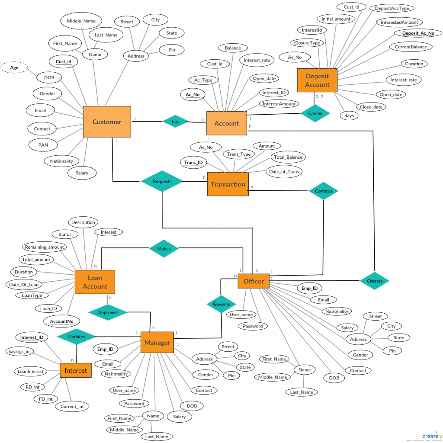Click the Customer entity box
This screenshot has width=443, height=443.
click(x=107, y=122)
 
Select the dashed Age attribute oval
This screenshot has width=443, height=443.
click(x=14, y=67)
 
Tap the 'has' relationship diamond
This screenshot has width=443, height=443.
click(x=175, y=122)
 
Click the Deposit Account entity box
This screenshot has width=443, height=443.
click(x=317, y=80)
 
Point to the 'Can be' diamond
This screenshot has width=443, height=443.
click(x=315, y=113)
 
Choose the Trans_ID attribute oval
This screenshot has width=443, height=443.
click(x=193, y=163)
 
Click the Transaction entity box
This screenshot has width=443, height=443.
click(x=228, y=184)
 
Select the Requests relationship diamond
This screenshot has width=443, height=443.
click(x=162, y=181)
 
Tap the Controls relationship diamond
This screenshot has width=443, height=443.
click(x=324, y=191)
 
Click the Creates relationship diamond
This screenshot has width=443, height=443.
click(x=374, y=281)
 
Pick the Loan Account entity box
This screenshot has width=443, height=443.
click(x=95, y=282)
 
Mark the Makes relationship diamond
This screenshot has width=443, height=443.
click(x=164, y=248)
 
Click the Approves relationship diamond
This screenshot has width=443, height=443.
click(x=108, y=312)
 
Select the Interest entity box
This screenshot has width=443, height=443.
click(x=76, y=370)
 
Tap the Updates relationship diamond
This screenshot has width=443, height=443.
click(x=77, y=336)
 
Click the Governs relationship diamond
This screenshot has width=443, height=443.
click(x=221, y=304)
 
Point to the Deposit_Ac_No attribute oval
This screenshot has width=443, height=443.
click(x=418, y=33)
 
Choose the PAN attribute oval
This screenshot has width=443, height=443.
click(x=43, y=145)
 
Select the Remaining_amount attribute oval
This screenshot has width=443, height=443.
click(x=45, y=247)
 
